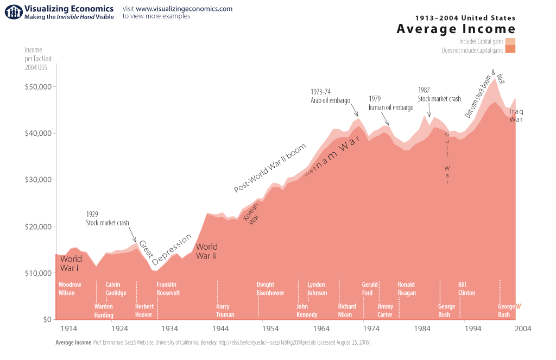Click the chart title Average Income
click(456, 29)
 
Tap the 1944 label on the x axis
click(220, 329)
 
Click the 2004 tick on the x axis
click(523, 329)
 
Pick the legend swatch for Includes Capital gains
click(510, 41)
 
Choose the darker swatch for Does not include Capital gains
click(510, 50)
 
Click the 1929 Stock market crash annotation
click(107, 218)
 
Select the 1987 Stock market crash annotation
click(439, 94)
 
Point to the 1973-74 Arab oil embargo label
click(330, 96)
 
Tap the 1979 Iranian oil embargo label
click(390, 103)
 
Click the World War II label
click(206, 251)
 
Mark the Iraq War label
click(516, 116)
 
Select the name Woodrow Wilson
click(69, 289)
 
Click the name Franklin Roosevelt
click(168, 289)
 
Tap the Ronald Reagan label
click(407, 289)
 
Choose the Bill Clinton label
click(466, 289)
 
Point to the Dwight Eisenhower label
click(270, 289)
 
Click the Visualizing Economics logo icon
click(11, 12)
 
